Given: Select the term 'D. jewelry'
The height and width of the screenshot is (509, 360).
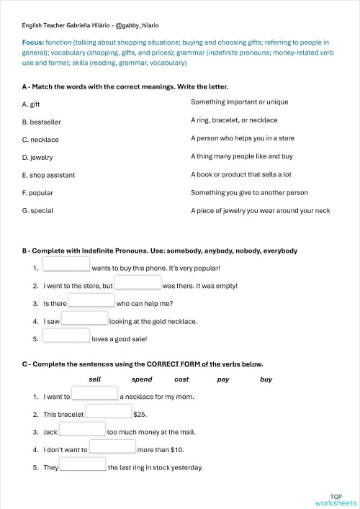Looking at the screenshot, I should (37, 158).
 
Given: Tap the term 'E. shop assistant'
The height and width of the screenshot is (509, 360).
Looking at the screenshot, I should (48, 175).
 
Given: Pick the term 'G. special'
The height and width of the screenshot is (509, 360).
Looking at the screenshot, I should (37, 211).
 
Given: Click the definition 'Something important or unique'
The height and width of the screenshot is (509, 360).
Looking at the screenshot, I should (239, 102).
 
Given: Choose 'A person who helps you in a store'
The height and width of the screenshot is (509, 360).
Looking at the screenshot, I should (242, 138).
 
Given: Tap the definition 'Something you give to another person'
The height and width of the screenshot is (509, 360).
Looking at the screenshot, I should (249, 192).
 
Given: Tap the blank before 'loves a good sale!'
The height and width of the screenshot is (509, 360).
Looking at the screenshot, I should (67, 335).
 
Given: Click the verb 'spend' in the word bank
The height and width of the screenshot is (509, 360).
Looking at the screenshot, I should (142, 379).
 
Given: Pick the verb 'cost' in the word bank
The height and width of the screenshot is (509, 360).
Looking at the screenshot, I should (181, 379).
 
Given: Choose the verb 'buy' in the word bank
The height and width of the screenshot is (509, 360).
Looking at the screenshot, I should (266, 379).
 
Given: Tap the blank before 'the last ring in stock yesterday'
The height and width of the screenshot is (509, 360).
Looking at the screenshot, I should (83, 465).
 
